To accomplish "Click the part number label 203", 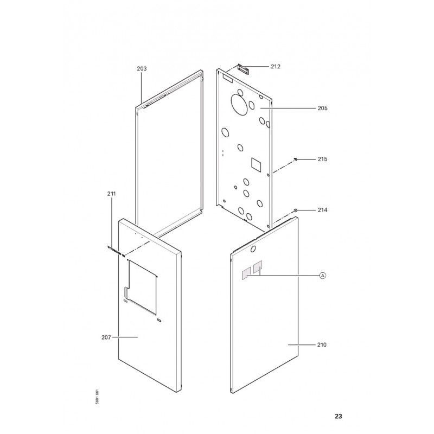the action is [142, 69].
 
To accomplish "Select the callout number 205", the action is [322, 108].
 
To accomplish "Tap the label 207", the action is [106, 337].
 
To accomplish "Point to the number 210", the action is [322, 345].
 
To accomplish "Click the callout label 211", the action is [112, 194].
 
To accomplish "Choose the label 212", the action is [276, 66].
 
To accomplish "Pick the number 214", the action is [322, 210].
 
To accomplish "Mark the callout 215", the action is [322, 159].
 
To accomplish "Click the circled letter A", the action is [323, 276].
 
